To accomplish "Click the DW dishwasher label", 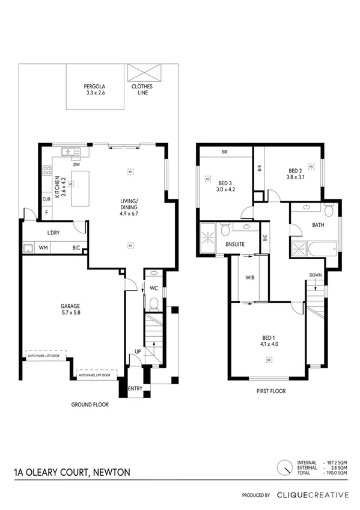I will tap(76, 164).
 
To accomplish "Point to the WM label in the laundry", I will tap(43, 247).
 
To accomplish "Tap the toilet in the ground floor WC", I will tap(153, 302).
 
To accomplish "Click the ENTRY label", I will tap(135, 389).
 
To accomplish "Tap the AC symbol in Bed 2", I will tap(311, 165).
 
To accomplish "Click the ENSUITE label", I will tap(235, 245).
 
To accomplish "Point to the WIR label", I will tap(251, 277).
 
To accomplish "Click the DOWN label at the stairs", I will tap(316, 275).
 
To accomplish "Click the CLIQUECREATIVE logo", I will tap(312, 495).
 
